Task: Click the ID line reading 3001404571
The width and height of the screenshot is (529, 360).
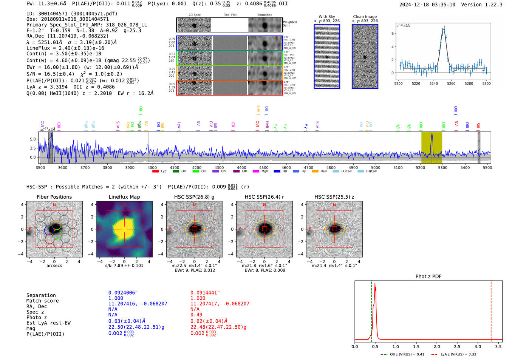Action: (72, 14)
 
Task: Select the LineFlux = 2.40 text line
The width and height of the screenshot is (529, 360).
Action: (65, 48)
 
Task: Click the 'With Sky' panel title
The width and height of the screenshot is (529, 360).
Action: (326, 17)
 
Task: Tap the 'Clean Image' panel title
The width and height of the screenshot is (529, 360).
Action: (365, 17)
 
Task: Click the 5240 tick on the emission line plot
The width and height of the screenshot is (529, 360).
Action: (433, 83)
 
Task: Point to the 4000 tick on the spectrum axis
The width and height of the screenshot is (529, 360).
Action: (152, 167)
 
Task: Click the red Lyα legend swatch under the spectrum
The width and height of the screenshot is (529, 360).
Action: (155, 172)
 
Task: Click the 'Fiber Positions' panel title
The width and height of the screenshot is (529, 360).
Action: (54, 197)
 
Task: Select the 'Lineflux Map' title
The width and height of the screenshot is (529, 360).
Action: (124, 197)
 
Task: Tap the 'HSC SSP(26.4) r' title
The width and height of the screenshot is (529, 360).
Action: (264, 197)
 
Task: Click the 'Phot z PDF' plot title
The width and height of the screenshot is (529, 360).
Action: (428, 277)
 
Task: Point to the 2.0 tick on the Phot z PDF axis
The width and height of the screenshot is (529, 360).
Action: (436, 346)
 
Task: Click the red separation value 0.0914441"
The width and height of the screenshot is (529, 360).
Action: (205, 293)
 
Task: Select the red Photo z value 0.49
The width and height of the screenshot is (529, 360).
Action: (196, 315)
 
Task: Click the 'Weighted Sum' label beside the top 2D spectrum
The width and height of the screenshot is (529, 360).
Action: (289, 24)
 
